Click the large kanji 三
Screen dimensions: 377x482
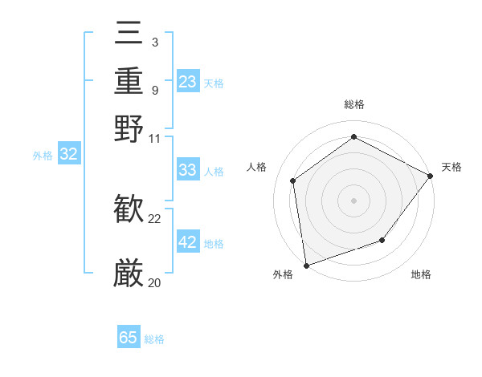click(x=129, y=34)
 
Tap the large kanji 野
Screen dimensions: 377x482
click(x=129, y=128)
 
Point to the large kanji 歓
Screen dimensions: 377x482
click(x=129, y=209)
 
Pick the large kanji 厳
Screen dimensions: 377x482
click(x=129, y=274)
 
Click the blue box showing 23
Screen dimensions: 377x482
click(x=188, y=82)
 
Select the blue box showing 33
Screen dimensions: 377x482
click(x=188, y=170)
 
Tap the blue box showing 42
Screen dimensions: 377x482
click(x=188, y=242)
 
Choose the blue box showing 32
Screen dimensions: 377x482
click(x=69, y=155)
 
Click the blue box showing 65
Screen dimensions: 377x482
click(x=129, y=338)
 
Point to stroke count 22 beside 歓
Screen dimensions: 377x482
click(x=155, y=218)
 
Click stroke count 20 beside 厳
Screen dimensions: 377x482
click(x=155, y=282)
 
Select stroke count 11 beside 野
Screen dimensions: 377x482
click(x=155, y=138)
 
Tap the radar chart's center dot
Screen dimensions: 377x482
click(x=353, y=200)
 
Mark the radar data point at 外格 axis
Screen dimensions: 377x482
click(x=306, y=265)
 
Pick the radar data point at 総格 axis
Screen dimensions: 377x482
click(x=353, y=136)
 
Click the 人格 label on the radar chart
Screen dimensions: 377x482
click(x=257, y=167)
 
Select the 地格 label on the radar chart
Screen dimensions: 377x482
click(x=421, y=275)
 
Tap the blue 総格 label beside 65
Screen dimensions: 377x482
click(x=154, y=339)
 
